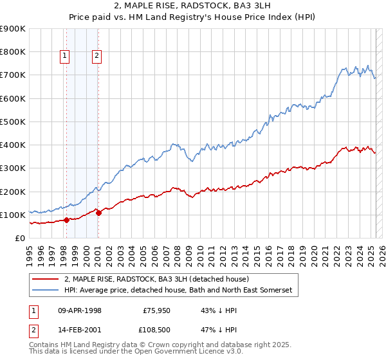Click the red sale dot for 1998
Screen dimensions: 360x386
coord(66,220)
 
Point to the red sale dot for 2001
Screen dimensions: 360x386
coord(98,213)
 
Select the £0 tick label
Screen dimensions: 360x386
coord(20,238)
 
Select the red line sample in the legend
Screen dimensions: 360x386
coord(46,278)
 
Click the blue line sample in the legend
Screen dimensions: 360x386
coord(46,291)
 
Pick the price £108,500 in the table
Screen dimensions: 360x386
coord(154,330)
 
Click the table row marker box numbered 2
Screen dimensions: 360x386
coord(33,330)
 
